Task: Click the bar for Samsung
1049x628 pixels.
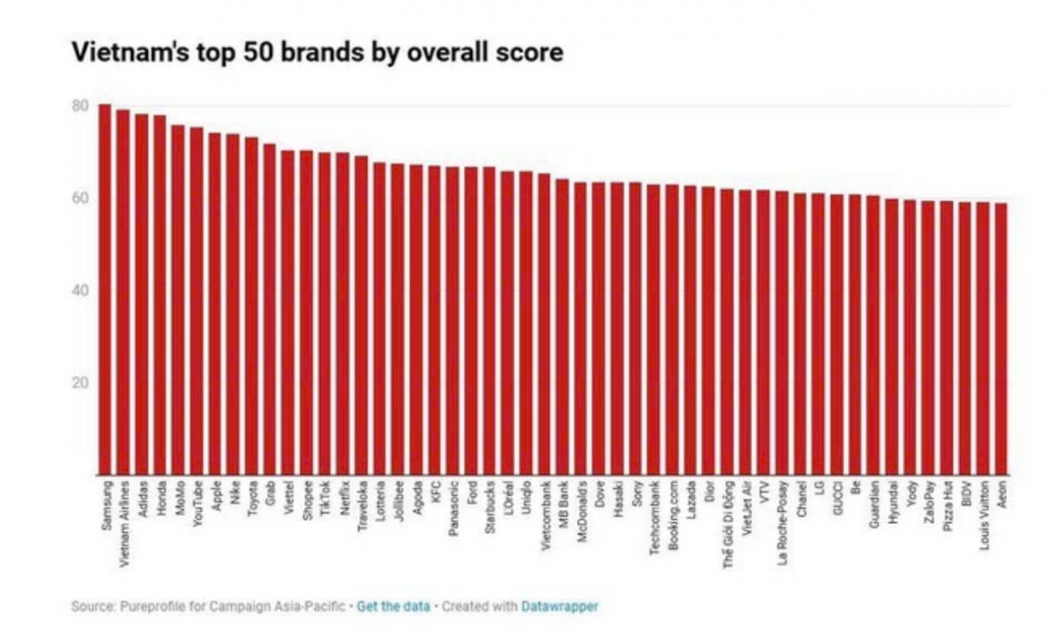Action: (105, 290)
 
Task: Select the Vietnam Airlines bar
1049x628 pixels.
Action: (123, 292)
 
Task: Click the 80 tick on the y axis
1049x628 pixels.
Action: (80, 106)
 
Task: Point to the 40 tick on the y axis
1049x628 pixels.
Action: (80, 290)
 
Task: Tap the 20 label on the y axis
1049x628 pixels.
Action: (80, 383)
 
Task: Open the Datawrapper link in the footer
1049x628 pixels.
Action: (559, 605)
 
